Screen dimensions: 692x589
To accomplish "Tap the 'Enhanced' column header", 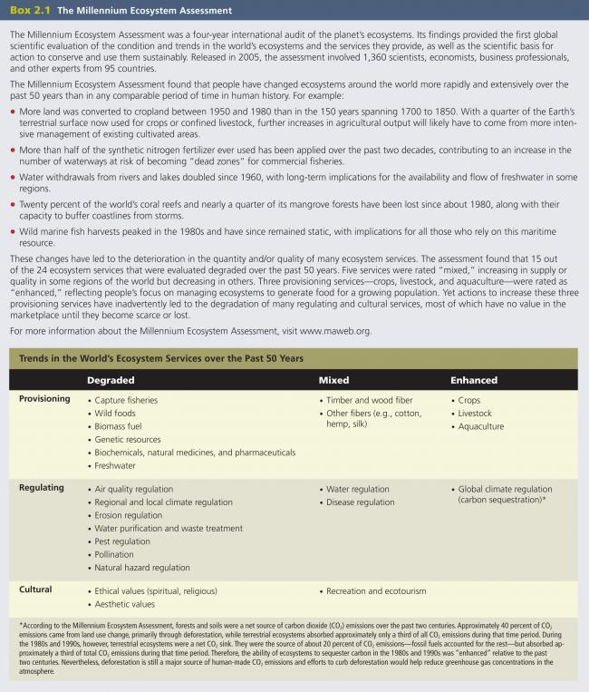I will (477, 379).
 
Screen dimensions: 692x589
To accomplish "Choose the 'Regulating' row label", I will (42, 488).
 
